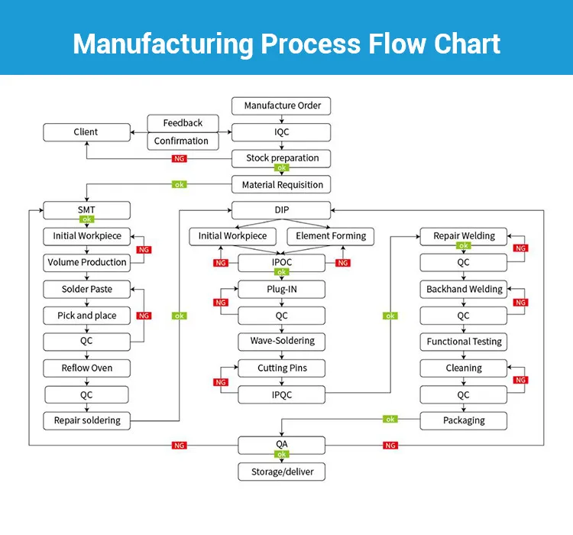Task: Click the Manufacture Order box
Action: [x=282, y=105]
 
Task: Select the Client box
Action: [x=86, y=132]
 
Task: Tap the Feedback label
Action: [x=183, y=123]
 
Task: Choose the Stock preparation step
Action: [x=282, y=158]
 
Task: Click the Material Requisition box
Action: [x=282, y=185]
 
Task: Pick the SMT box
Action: [x=86, y=209]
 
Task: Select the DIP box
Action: [x=282, y=209]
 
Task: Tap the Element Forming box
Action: [x=331, y=236]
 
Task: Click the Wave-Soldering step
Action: [x=282, y=341]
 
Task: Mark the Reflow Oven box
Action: [x=86, y=368]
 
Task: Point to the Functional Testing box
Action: [x=464, y=342]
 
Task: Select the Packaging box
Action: [x=464, y=420]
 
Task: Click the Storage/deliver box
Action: [x=282, y=472]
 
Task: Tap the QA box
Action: [x=282, y=444]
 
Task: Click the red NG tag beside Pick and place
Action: [x=143, y=316]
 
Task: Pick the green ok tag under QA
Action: [x=282, y=456]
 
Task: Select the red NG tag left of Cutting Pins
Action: [x=221, y=381]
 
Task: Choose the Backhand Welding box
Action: [x=464, y=290]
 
